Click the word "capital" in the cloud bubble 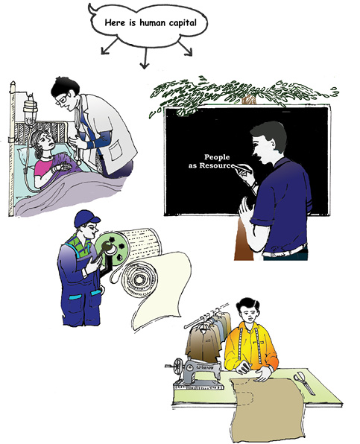pos(183,23)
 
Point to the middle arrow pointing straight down pos(145,58)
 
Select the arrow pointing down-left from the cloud pos(109,46)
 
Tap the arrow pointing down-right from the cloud pos(186,48)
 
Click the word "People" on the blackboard pos(217,157)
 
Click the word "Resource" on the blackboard pos(217,165)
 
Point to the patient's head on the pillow pos(42,142)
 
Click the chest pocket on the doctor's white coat pos(117,150)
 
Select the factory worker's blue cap pos(86,218)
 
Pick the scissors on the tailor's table pos(303,383)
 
